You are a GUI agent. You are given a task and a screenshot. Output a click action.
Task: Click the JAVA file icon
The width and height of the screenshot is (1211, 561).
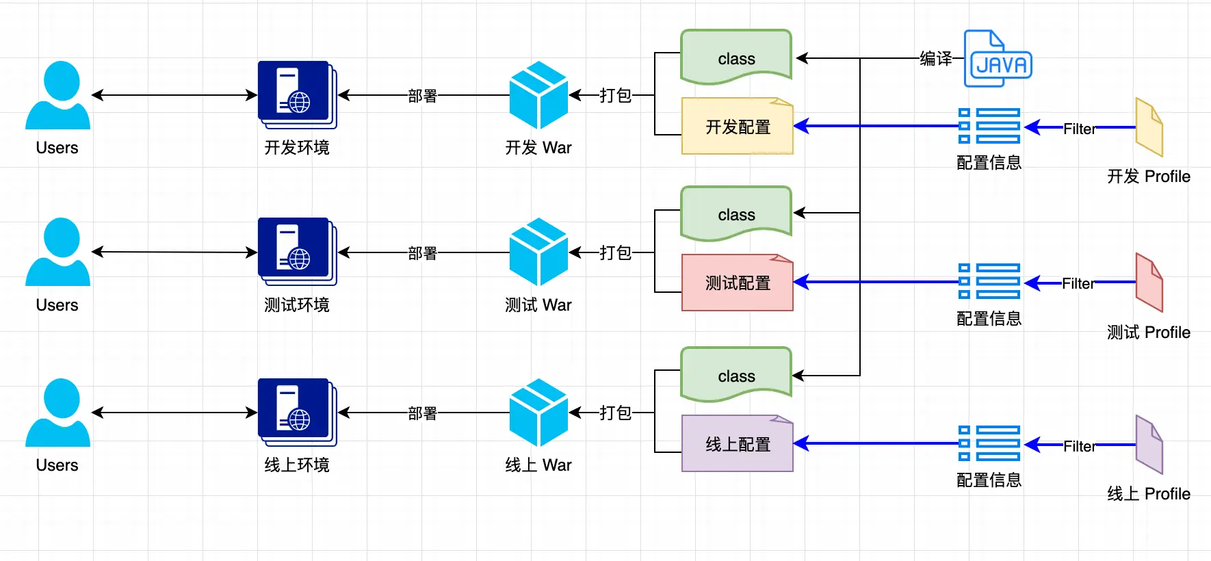[998, 59]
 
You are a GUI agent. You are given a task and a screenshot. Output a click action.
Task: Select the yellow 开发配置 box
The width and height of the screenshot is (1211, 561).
[738, 127]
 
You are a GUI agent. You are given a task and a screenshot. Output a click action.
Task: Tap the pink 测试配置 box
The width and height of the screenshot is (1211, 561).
[738, 283]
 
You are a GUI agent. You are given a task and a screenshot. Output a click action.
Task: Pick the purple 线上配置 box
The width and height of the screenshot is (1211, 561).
[738, 443]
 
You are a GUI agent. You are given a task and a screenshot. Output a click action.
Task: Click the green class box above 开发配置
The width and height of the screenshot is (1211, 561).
[736, 57]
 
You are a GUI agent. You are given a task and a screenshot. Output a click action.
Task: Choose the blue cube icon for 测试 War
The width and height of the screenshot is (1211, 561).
[538, 252]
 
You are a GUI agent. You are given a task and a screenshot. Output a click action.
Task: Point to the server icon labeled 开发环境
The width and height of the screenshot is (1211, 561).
[297, 94]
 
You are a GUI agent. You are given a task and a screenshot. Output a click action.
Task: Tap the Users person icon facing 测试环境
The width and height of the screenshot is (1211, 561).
[58, 252]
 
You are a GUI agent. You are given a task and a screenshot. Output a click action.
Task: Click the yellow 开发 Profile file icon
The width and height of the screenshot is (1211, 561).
[1149, 127]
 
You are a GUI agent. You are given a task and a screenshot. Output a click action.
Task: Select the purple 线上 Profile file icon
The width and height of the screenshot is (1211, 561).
[1149, 445]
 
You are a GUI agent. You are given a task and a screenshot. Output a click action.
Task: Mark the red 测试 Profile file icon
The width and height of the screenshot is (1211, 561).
[1149, 283]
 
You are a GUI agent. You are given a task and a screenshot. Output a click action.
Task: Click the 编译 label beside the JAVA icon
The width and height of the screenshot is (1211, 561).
[935, 59]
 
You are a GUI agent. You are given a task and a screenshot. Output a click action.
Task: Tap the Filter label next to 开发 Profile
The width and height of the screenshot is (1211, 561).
[1079, 129]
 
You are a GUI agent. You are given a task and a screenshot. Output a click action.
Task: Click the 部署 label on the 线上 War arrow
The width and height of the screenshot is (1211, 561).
[422, 413]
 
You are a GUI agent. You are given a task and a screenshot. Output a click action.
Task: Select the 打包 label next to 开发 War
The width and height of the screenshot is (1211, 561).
[615, 95]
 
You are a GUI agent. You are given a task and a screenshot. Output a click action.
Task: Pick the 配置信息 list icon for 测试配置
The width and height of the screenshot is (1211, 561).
[989, 281]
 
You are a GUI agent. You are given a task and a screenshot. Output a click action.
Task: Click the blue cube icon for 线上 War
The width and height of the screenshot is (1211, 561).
[538, 413]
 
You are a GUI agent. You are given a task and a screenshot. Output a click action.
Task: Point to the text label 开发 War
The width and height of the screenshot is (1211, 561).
[538, 148]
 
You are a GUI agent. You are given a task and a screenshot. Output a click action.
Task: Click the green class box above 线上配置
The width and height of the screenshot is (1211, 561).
[736, 375]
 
